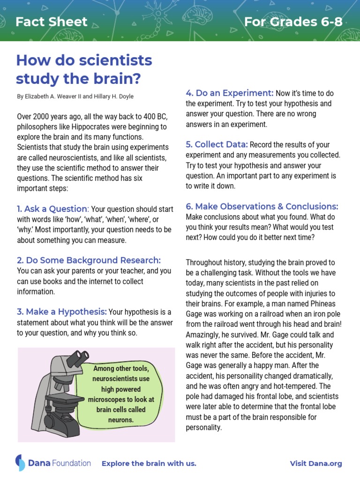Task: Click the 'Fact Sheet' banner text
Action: [52, 22]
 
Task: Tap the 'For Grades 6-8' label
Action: [293, 22]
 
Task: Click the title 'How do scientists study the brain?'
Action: [84, 69]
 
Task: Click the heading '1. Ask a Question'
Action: [52, 209]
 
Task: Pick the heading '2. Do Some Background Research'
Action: [89, 260]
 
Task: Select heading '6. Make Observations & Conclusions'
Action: [262, 206]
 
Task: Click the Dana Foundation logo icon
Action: [20, 463]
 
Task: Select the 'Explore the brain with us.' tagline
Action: [149, 464]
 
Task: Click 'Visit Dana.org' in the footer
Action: [316, 464]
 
